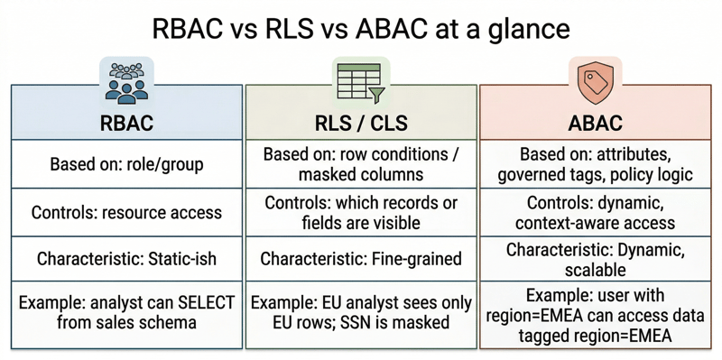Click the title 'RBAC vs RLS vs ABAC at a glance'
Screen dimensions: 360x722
pyautogui.click(x=361, y=29)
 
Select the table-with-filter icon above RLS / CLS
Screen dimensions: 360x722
pyautogui.click(x=360, y=81)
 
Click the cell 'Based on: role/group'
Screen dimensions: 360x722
pyautogui.click(x=126, y=164)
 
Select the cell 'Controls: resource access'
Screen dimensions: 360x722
pyautogui.click(x=126, y=213)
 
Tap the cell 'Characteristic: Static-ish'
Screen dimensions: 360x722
pyautogui.click(x=126, y=260)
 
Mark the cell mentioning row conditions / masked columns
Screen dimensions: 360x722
pyautogui.click(x=360, y=163)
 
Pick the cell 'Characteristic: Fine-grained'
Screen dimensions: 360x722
pyautogui.click(x=360, y=260)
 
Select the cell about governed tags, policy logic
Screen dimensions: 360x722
pyautogui.click(x=595, y=163)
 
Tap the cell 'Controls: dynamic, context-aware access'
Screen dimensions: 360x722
pyautogui.click(x=595, y=212)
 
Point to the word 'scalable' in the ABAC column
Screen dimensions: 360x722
pyautogui.click(x=595, y=268)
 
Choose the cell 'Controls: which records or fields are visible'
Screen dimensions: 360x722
pyautogui.click(x=360, y=212)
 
